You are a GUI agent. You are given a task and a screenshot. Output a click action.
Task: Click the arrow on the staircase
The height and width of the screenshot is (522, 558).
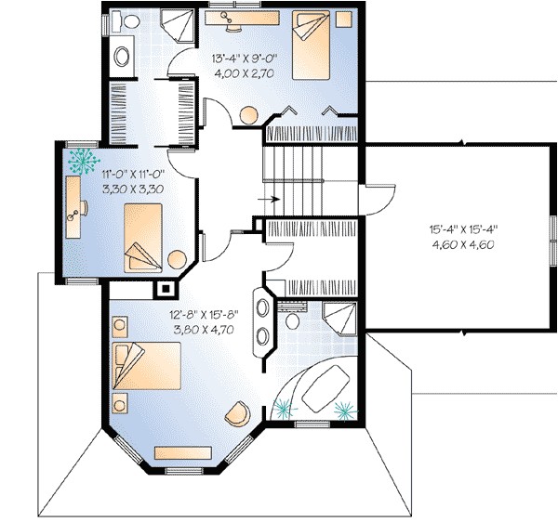(270, 199)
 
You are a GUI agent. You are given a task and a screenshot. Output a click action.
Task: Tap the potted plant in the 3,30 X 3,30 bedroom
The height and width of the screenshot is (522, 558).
(82, 160)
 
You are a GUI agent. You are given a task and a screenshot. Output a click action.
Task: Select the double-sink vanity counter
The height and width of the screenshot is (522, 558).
(262, 323)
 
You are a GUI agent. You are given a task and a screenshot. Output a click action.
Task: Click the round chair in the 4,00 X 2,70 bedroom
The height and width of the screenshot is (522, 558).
(248, 115)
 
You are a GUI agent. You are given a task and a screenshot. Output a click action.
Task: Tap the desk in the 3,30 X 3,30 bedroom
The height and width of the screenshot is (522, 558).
(73, 209)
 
